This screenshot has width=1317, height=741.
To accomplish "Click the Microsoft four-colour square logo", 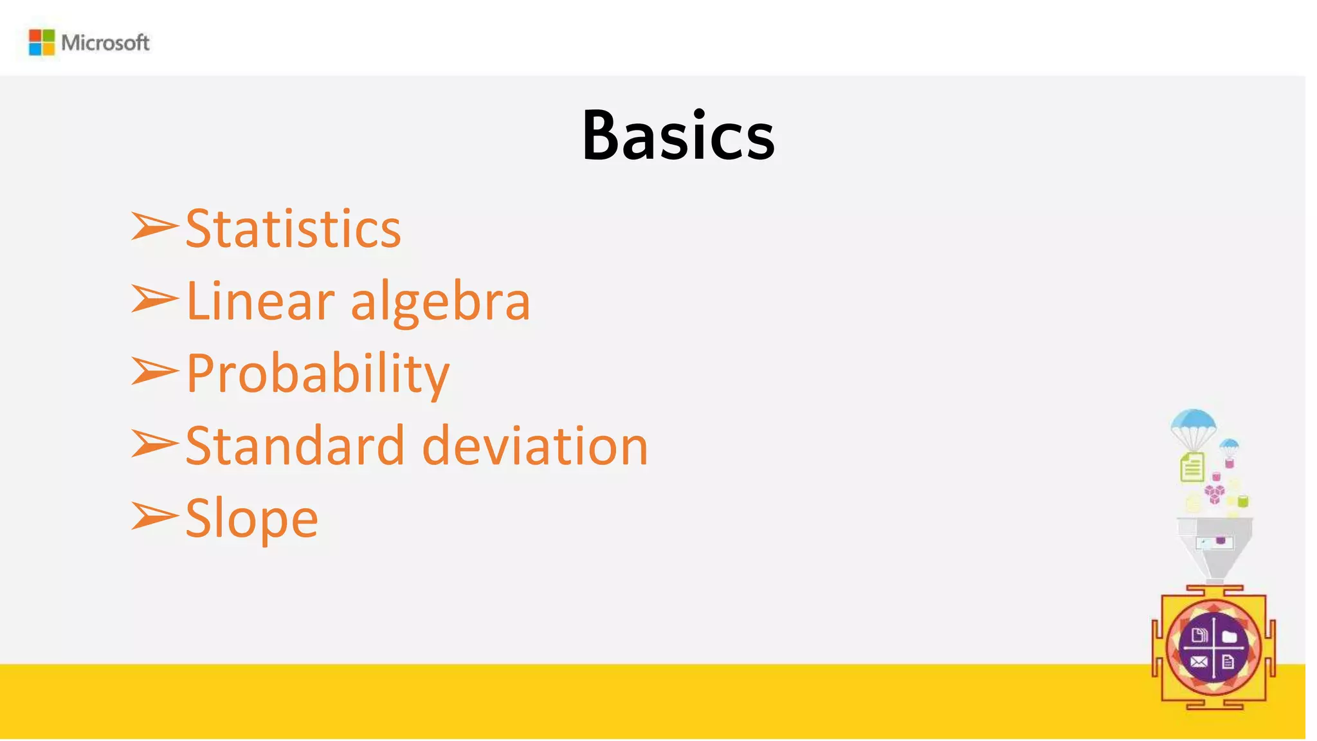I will pyautogui.click(x=42, y=42).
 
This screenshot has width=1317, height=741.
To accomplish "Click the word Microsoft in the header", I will pyautogui.click(x=105, y=43).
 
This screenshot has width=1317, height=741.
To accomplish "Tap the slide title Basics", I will pyautogui.click(x=678, y=135).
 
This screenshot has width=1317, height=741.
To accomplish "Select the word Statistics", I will pyautogui.click(x=293, y=229).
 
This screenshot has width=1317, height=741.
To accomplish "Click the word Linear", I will pyautogui.click(x=260, y=301).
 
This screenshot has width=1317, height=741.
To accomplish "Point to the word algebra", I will pyautogui.click(x=441, y=302).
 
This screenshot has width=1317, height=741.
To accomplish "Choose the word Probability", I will pyautogui.click(x=318, y=374).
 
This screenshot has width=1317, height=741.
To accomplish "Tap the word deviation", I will pyautogui.click(x=535, y=446).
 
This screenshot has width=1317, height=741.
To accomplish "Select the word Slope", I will pyautogui.click(x=251, y=518).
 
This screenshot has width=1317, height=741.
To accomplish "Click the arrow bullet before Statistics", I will pyautogui.click(x=154, y=226).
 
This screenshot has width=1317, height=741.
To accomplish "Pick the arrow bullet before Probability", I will pyautogui.click(x=154, y=371).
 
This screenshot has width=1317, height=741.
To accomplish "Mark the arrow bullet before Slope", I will pyautogui.click(x=154, y=516).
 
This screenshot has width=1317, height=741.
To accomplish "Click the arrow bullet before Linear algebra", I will pyautogui.click(x=154, y=299).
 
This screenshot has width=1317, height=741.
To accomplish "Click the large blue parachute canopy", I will pyautogui.click(x=1194, y=421).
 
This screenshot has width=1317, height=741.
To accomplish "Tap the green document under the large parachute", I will pyautogui.click(x=1192, y=467).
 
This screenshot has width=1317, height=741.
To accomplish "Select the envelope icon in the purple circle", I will pyautogui.click(x=1199, y=661).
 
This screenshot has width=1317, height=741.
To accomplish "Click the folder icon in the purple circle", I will pyautogui.click(x=1230, y=637).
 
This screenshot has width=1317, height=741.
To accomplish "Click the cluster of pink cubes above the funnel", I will pyautogui.click(x=1214, y=494).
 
